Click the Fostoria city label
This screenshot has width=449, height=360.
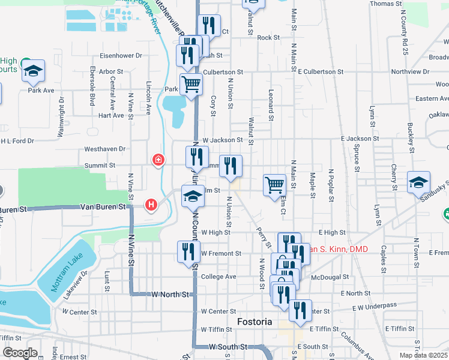(x=255, y=322)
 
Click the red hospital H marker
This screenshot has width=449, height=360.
(x=151, y=205)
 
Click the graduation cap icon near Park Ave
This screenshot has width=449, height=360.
(x=34, y=71)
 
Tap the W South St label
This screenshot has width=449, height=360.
(x=228, y=347)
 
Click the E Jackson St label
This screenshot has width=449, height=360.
(x=360, y=139)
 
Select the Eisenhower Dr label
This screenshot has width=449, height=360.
(x=121, y=55)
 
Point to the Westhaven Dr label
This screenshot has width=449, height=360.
(x=105, y=148)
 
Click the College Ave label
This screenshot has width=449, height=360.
(x=218, y=277)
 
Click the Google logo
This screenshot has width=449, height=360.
(x=20, y=353)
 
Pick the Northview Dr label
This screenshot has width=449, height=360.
(x=410, y=71)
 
